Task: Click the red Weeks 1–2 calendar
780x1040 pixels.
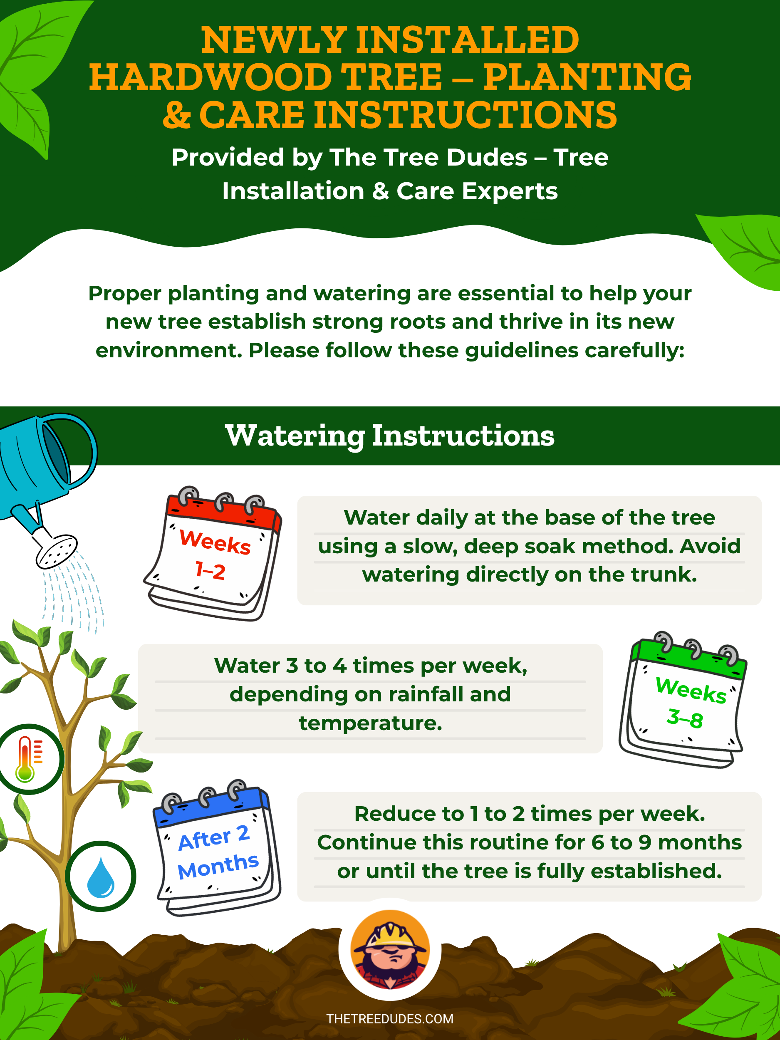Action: pyautogui.click(x=213, y=553)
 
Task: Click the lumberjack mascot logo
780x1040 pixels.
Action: pyautogui.click(x=390, y=949)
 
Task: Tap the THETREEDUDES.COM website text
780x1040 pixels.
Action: pyautogui.click(x=390, y=1019)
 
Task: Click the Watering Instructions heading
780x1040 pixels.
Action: pyautogui.click(x=390, y=436)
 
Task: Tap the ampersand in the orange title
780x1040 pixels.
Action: pyautogui.click(x=177, y=115)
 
